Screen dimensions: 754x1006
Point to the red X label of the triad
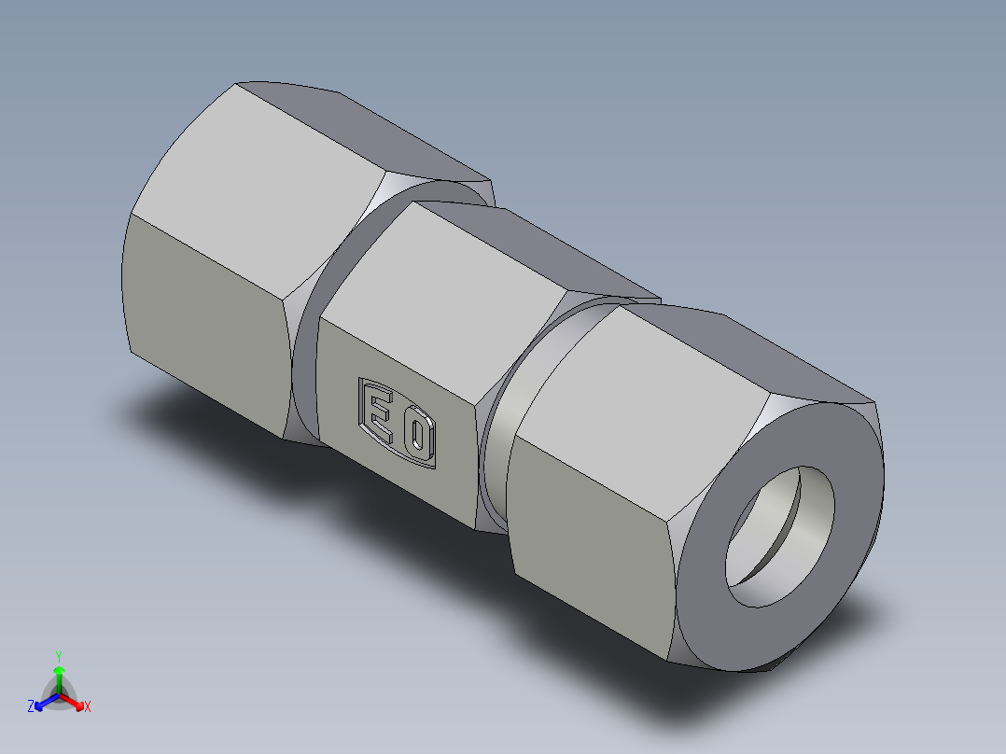88,706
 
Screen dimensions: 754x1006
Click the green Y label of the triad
58,655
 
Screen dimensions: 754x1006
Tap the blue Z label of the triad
31,706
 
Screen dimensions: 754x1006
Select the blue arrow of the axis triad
44,701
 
